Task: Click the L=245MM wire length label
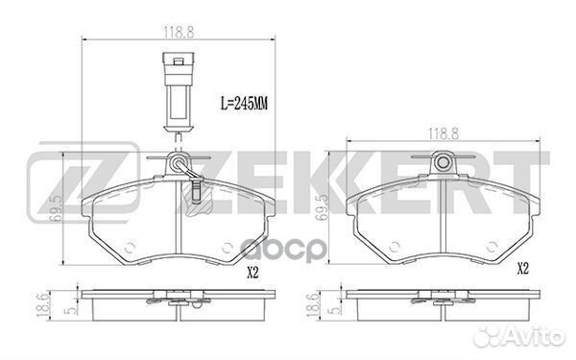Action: [244, 104]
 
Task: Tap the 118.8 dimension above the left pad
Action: [179, 33]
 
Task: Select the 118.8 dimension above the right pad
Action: [444, 133]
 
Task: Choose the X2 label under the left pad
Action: [252, 273]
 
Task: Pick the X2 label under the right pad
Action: [523, 269]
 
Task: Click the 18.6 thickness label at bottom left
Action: [43, 305]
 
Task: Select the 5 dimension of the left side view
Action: [71, 310]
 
